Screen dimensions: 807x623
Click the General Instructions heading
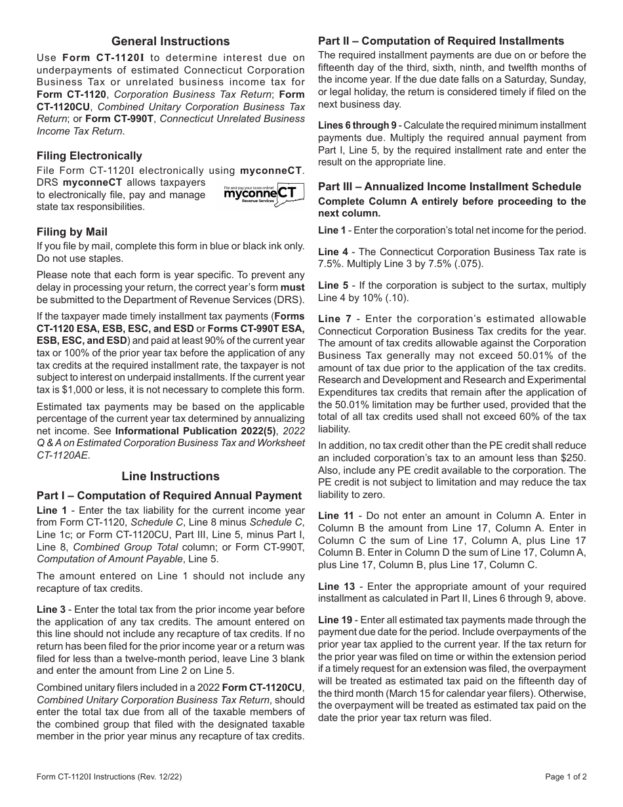click(x=171, y=41)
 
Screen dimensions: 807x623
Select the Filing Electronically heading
click(x=89, y=155)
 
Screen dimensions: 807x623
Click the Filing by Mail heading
click(x=72, y=232)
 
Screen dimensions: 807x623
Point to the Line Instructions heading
click(x=171, y=476)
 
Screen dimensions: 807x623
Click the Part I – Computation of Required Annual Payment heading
click(x=169, y=495)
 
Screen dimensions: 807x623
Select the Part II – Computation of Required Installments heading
click(x=441, y=41)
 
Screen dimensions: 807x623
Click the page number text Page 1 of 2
click(x=565, y=777)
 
